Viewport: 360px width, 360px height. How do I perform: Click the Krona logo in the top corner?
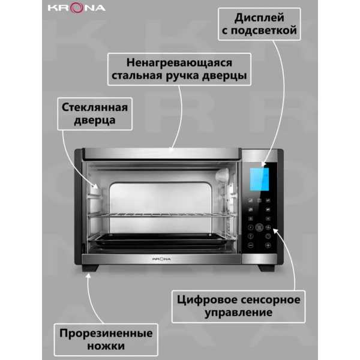pos(77,8)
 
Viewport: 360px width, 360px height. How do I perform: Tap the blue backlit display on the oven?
pos(259,179)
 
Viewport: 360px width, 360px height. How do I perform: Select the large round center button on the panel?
pos(259,227)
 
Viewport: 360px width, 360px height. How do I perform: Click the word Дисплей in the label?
pos(259,18)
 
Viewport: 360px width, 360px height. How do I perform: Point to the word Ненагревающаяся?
pos(179,63)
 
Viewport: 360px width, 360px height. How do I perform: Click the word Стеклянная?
pos(95,107)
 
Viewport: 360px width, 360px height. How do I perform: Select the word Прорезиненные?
pos(106,334)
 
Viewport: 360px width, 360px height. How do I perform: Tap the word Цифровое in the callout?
pos(205,300)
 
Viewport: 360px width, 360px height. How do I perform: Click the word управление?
pos(239,313)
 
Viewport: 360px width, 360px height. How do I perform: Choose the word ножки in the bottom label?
pos(106,346)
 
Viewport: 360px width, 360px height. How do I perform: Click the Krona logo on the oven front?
pos(161,259)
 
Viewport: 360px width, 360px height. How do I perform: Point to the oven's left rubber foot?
pos(90,268)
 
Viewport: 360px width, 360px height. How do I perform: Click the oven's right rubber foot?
pos(266,268)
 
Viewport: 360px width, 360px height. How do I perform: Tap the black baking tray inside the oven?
pos(161,240)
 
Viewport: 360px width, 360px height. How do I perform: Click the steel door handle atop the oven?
pos(161,154)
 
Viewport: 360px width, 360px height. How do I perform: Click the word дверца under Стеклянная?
pos(95,121)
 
